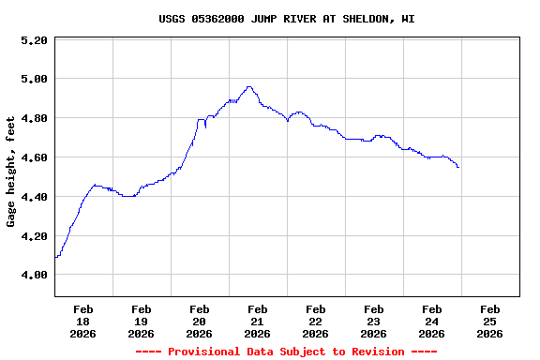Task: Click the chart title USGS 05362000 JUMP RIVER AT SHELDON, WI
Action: pos(287,19)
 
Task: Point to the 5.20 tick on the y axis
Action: pos(34,40)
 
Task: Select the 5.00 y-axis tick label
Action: pos(34,80)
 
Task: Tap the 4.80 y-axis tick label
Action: pos(34,119)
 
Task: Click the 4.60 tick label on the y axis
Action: pos(34,158)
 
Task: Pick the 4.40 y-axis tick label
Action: pos(34,197)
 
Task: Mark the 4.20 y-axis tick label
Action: pos(34,236)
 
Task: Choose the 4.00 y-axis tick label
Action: pos(34,276)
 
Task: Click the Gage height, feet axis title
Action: pos(11,172)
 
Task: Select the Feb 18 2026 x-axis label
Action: pos(83,321)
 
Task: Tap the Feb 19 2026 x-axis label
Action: pos(142,321)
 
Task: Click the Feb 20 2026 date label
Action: pos(200,321)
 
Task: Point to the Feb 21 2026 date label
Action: pos(258,321)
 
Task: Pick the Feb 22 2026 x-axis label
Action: pos(316,321)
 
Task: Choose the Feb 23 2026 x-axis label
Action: pos(374,321)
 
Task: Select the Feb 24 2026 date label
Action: pos(432,321)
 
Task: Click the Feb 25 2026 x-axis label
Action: pos(490,321)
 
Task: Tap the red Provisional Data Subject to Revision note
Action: pos(287,352)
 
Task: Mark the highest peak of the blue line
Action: pos(248,87)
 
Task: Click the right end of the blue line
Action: pos(458,167)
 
